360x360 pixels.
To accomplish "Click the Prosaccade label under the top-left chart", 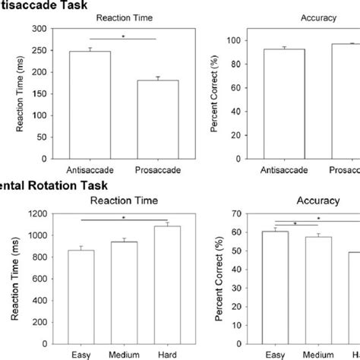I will pyautogui.click(x=157, y=172).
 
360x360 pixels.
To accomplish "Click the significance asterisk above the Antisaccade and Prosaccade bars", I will pyautogui.click(x=124, y=35).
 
